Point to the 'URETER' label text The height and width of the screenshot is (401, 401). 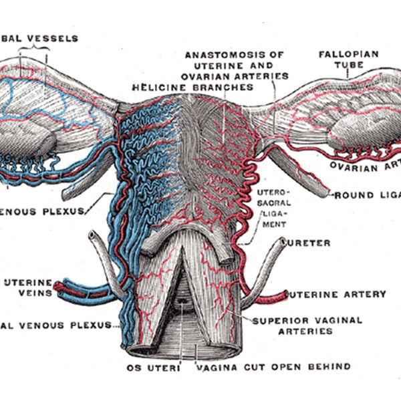309,243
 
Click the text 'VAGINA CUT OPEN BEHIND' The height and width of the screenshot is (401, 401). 272,366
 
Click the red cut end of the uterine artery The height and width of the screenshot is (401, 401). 284,294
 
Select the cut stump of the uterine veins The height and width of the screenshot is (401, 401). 58,289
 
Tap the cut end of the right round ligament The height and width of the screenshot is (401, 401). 327,194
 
